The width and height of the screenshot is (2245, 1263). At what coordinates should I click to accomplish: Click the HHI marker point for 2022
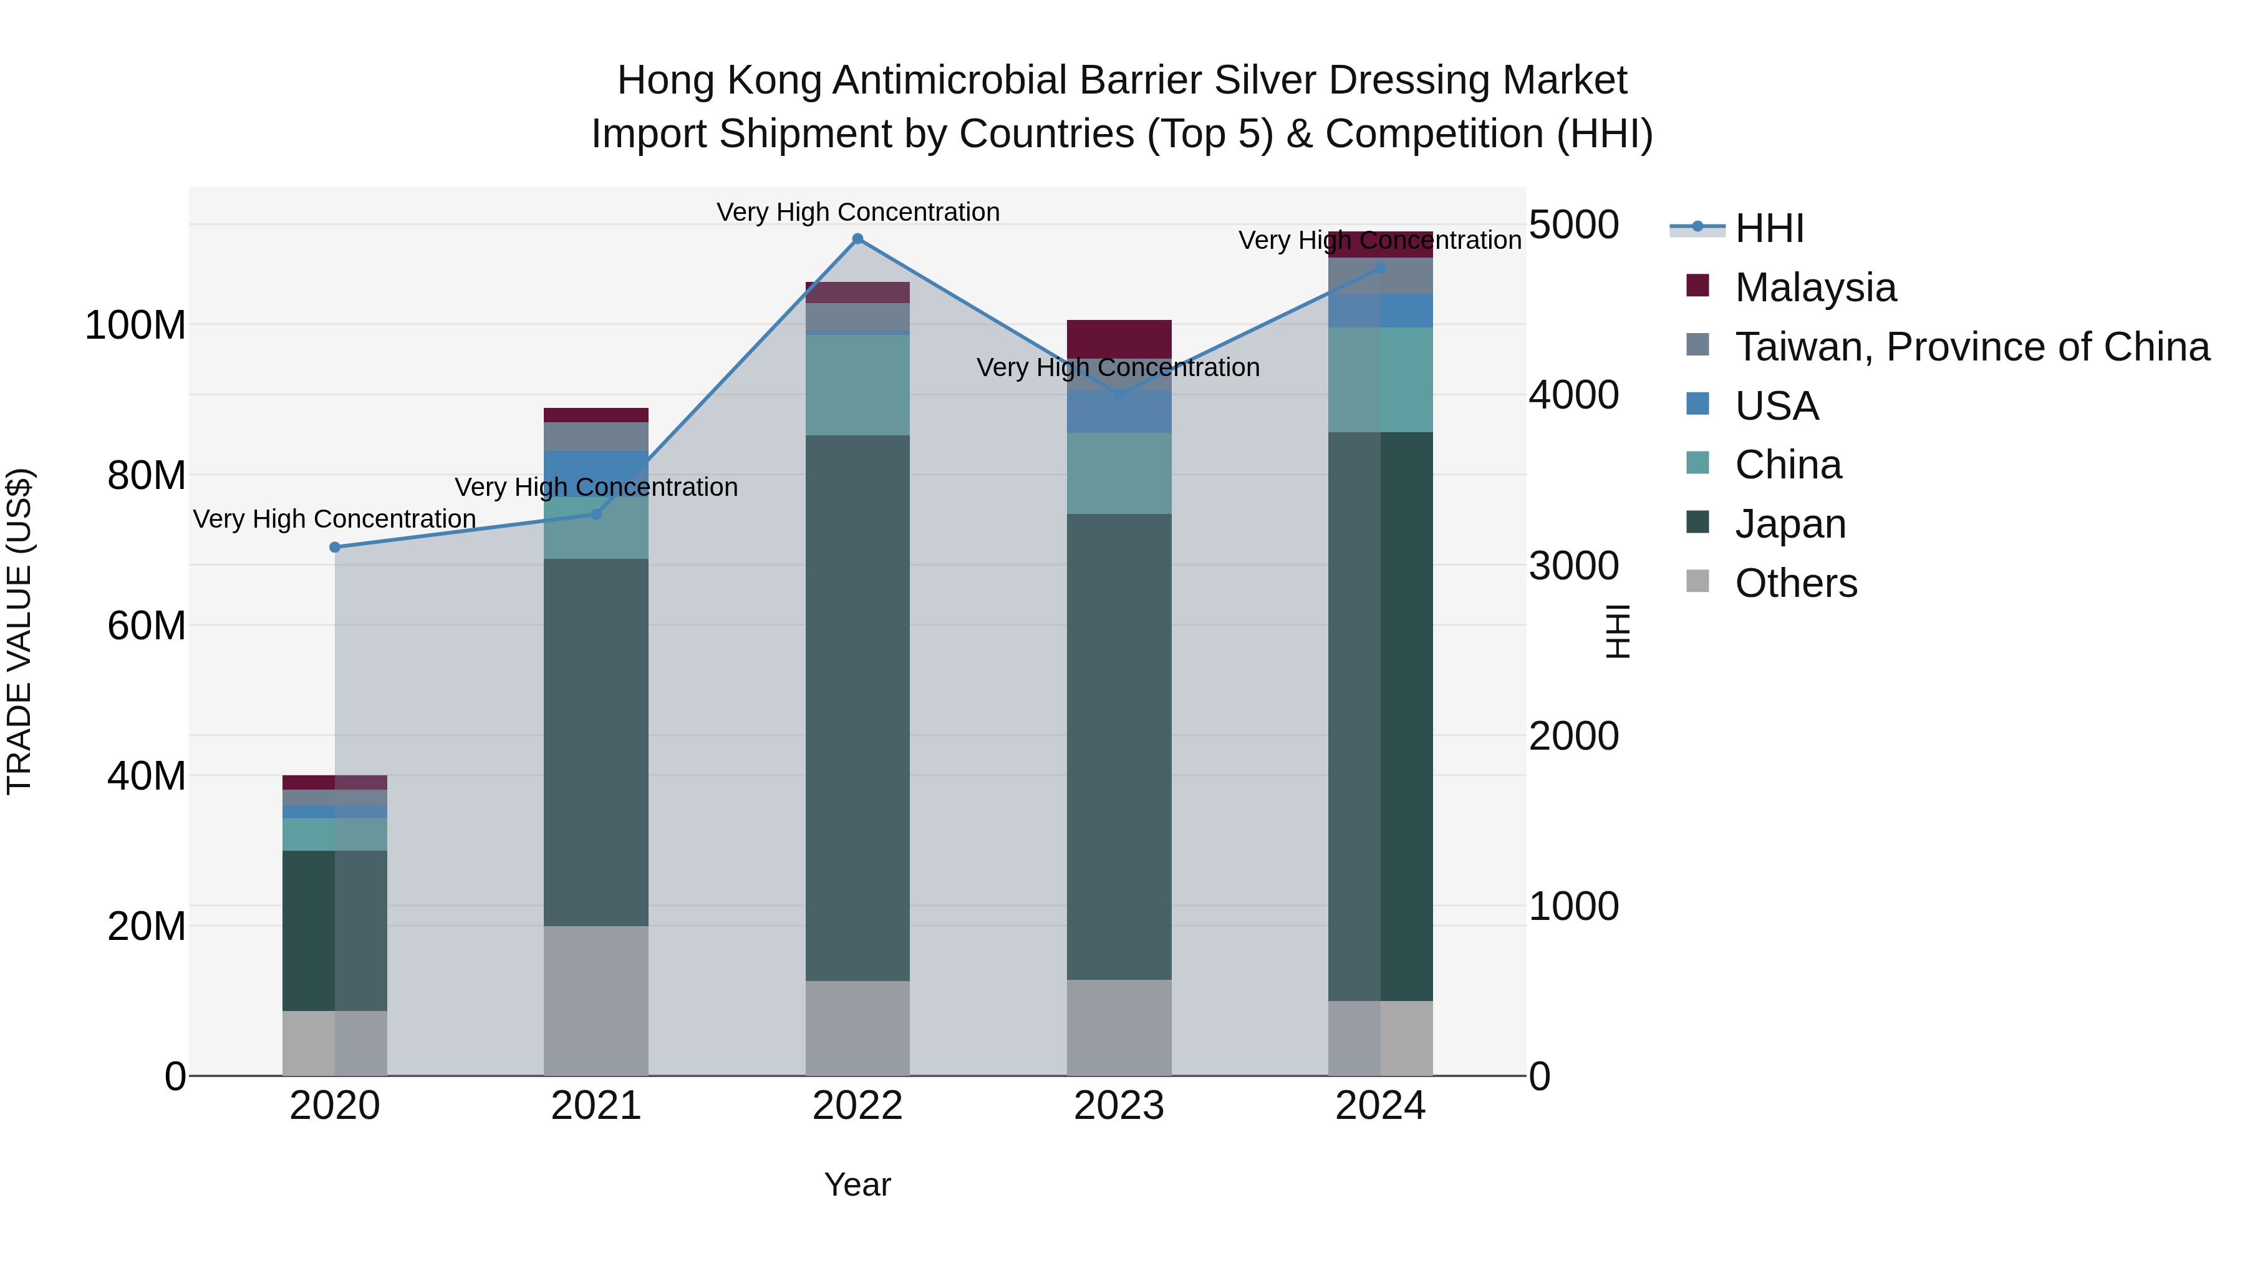857,239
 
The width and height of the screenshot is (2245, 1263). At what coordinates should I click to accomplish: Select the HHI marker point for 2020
335,548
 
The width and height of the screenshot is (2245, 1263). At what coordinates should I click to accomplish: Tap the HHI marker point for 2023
1119,395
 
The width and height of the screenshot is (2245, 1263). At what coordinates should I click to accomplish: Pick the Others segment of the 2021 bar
596,1000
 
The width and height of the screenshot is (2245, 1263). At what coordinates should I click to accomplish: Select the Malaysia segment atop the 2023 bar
1119,339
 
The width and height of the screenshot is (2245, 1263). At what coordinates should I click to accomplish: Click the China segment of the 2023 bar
1119,473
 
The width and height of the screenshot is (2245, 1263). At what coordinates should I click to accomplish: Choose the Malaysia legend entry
1815,288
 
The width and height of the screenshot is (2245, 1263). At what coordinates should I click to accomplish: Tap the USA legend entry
1776,406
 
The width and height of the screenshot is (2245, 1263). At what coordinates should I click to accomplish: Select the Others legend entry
1795,583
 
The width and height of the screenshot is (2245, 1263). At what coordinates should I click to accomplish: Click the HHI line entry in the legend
1769,228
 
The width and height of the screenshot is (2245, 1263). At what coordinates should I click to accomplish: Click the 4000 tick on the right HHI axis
1574,395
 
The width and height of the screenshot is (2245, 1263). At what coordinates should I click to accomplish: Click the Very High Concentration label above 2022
857,212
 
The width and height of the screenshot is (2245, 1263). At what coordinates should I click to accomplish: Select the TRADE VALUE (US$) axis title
19,631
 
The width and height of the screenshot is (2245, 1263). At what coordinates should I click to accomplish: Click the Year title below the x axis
857,1184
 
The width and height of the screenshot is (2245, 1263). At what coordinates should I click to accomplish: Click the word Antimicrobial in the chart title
949,81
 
